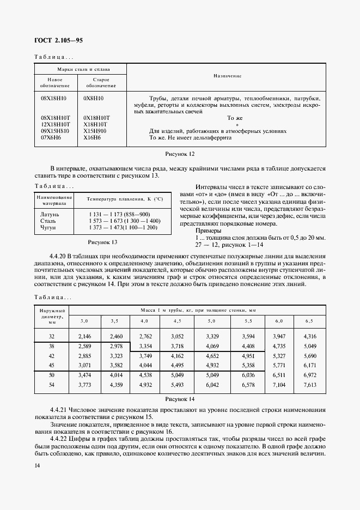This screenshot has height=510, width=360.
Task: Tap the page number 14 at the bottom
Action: pyautogui.click(x=37, y=465)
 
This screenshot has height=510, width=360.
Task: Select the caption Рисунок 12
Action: pyautogui.click(x=180, y=155)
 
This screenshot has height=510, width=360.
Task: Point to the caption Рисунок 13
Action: pyautogui.click(x=103, y=241)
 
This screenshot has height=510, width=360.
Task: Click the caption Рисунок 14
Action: pyautogui.click(x=180, y=399)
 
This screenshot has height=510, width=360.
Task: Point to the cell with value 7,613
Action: pyautogui.click(x=309, y=385)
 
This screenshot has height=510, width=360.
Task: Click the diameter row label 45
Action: pyautogui.click(x=52, y=364)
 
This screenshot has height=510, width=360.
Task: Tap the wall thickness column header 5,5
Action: pyautogui.click(x=248, y=321)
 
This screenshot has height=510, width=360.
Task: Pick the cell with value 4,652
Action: pyautogui.click(x=212, y=355)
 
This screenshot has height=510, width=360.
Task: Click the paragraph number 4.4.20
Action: pyautogui.click(x=60, y=255)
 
